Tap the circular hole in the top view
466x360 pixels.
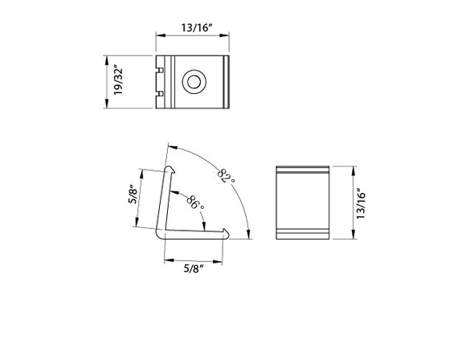point(193,82)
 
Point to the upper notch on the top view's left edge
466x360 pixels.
point(159,69)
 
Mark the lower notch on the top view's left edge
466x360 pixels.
point(159,96)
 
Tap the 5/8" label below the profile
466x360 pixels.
point(194,268)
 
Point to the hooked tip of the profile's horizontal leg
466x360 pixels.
point(226,233)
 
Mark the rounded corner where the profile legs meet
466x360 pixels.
point(160,232)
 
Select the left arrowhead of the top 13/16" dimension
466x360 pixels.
point(158,36)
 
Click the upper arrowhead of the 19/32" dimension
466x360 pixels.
point(106,58)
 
